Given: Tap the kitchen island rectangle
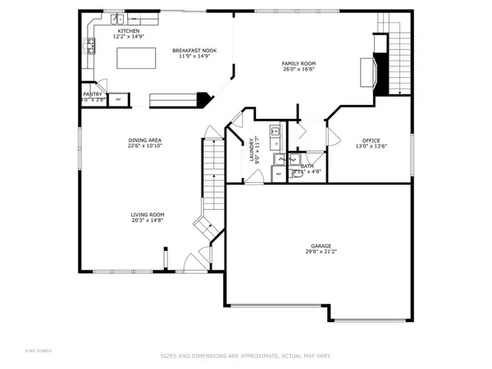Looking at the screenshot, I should point(136,58).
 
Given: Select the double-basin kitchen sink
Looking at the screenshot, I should point(118,17).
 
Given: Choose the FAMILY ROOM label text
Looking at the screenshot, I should point(298,64).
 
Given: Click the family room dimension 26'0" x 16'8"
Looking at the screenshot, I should point(298,71).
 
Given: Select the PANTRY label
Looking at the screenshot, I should point(93,94).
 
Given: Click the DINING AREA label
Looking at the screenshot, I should point(143,140).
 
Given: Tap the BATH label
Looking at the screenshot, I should point(307,166).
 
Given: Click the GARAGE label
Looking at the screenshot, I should point(321,245).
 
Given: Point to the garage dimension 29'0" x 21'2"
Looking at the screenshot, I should point(321,252).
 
